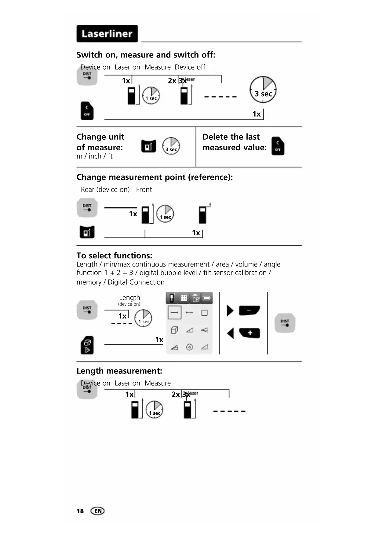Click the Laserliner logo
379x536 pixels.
tap(107, 34)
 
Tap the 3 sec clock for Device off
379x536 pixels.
tap(263, 90)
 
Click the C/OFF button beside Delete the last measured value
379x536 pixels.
tap(278, 146)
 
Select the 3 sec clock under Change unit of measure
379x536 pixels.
tap(171, 146)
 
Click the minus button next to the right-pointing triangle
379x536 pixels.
tap(249, 310)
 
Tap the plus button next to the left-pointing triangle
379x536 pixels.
tap(250, 333)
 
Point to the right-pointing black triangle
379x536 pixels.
tap(230, 310)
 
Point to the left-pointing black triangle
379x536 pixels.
tap(231, 333)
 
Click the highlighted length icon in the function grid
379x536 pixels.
tap(174, 312)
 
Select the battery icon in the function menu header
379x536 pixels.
tap(207, 298)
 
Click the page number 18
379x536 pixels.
tap(80, 511)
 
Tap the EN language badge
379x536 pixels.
tap(98, 511)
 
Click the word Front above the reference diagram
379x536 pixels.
tap(144, 189)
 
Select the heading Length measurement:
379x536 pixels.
tap(119, 371)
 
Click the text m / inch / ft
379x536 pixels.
tap(94, 156)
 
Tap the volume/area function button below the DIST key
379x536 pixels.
tap(87, 345)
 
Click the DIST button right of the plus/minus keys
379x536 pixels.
tap(285, 323)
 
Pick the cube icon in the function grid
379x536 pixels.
tap(174, 330)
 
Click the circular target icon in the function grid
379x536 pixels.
tap(189, 347)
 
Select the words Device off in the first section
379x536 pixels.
tap(190, 67)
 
